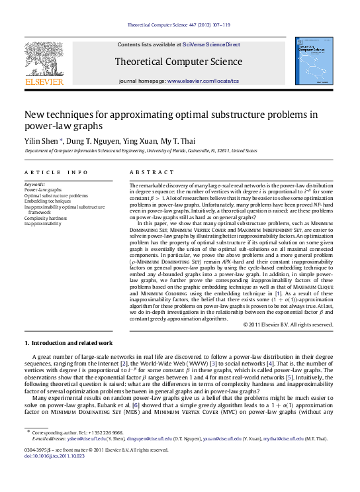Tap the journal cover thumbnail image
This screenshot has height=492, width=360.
click(314, 63)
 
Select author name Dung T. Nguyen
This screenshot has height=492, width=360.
click(88, 141)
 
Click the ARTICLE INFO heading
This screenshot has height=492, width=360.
click(56, 172)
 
